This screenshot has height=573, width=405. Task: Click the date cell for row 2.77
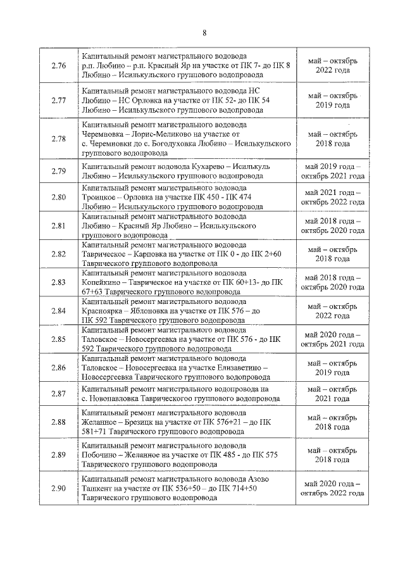333,100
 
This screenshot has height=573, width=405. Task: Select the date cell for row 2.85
333,339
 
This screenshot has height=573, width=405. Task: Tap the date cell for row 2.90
333,488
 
